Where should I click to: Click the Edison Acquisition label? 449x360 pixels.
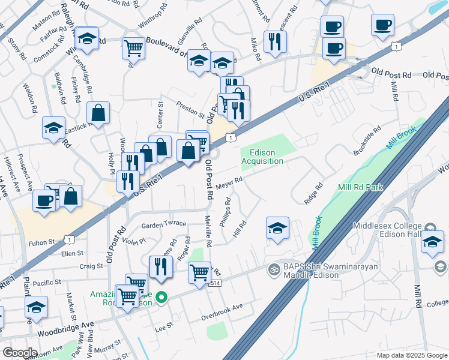click(x=262, y=157)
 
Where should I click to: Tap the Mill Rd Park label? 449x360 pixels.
click(x=361, y=188)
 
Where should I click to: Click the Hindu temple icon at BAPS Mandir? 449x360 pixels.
click(x=274, y=268)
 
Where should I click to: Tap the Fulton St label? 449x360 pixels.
click(x=41, y=243)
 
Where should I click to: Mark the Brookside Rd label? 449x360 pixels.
click(x=367, y=141)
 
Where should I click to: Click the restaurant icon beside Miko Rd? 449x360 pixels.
click(x=275, y=41)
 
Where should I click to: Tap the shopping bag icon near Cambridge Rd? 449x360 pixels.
click(x=98, y=112)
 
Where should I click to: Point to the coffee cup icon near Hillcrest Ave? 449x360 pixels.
click(x=44, y=200)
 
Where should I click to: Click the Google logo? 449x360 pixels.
click(x=20, y=352)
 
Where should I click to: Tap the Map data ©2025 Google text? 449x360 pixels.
click(x=411, y=355)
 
